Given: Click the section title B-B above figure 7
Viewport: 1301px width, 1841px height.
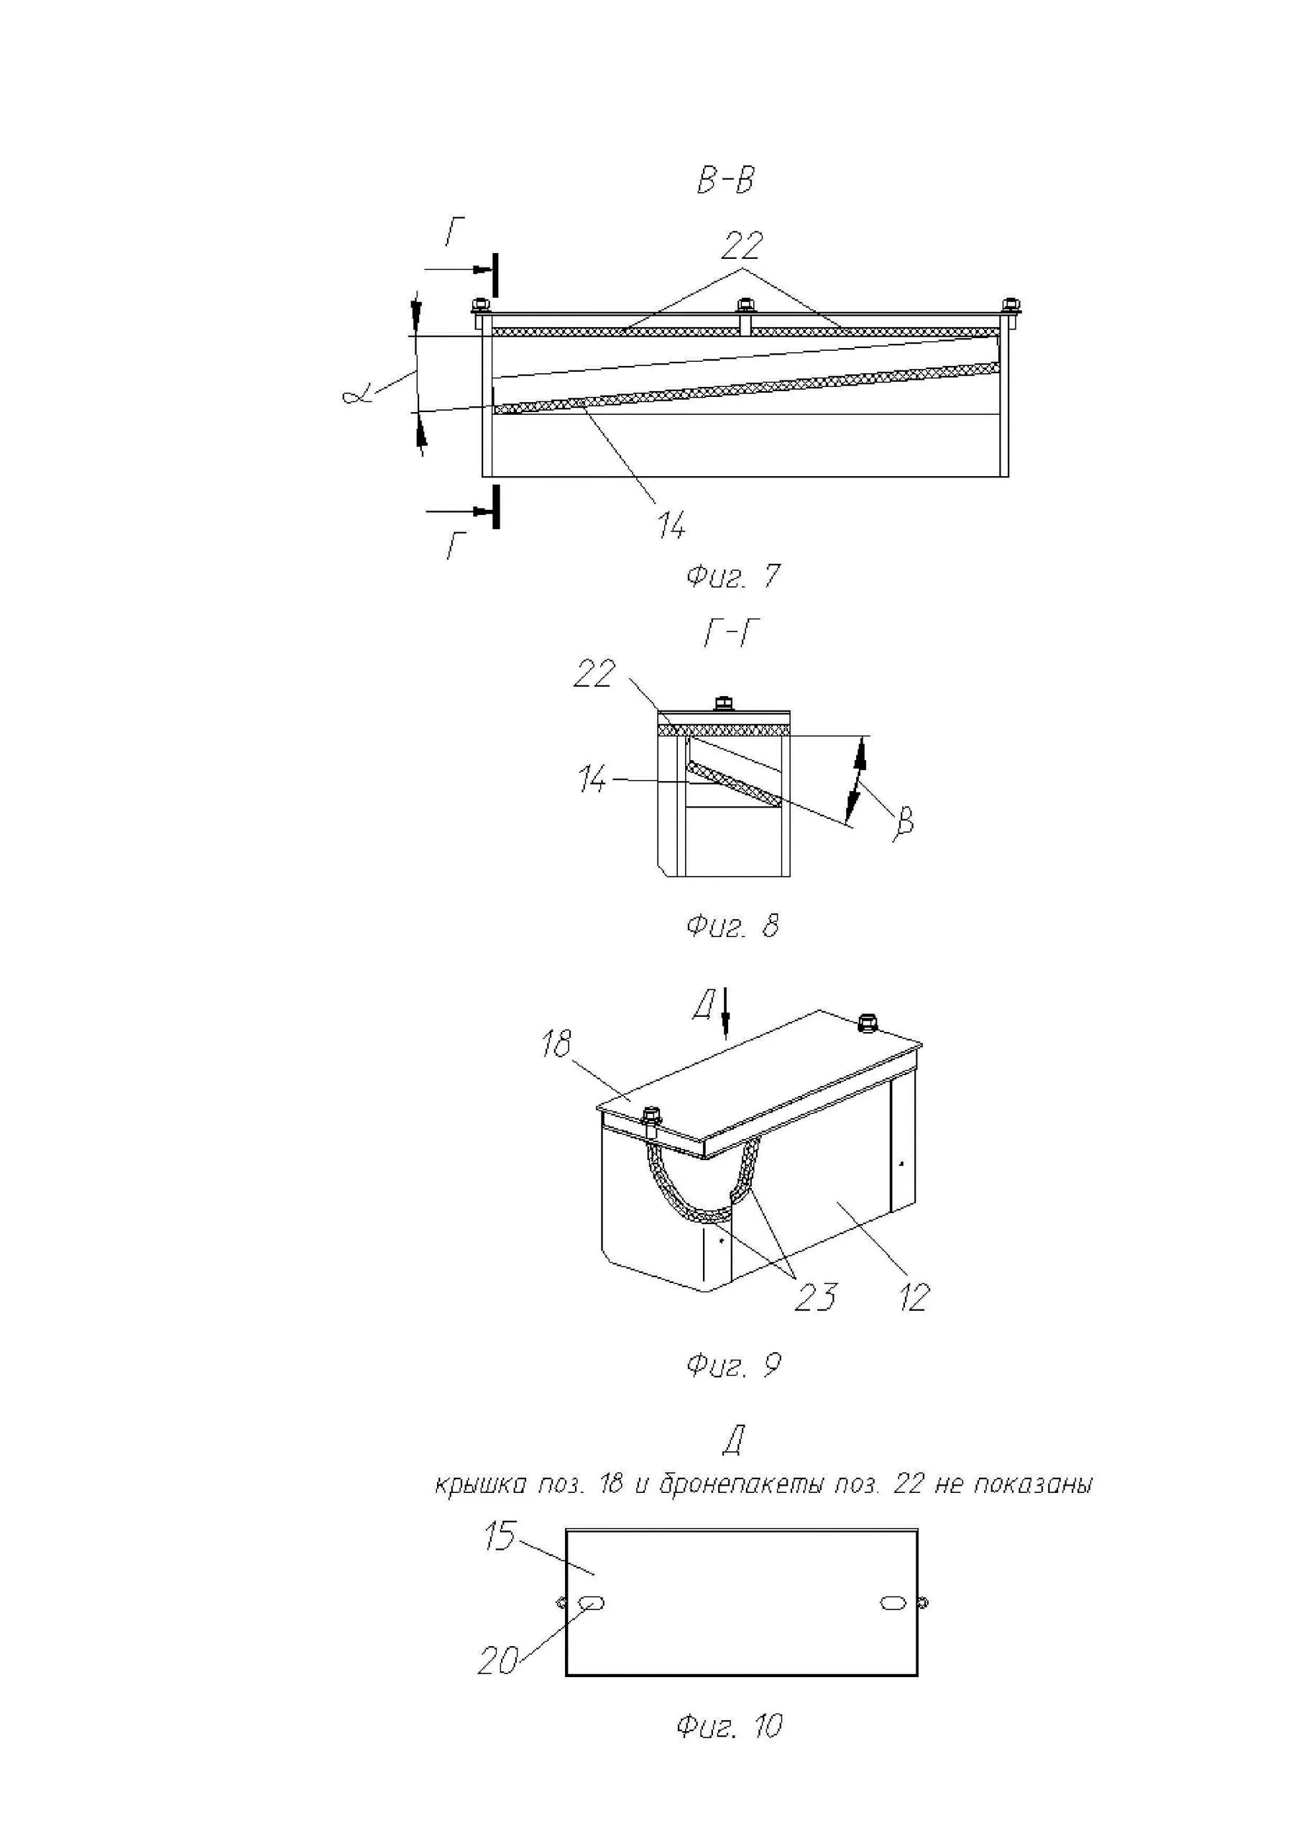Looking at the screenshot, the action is (725, 181).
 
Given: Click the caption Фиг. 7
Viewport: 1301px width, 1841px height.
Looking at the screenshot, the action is (732, 577).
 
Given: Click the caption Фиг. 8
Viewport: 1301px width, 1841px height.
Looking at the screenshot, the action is (732, 926).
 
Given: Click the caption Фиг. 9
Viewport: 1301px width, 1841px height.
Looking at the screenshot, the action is (732, 1366).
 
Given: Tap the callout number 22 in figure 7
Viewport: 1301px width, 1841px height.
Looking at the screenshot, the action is (742, 246).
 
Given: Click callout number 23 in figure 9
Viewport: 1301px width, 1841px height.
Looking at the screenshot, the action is (815, 1297).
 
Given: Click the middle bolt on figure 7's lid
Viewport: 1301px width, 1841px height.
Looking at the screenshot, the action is (745, 306).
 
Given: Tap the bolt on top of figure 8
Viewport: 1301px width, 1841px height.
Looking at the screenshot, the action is (723, 703).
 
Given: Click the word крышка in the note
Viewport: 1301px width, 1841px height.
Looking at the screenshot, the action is (480, 1485).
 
